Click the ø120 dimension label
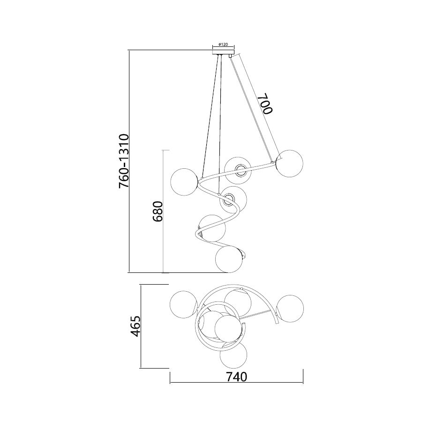point(223,45)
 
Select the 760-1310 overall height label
point(124,161)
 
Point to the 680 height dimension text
point(158,211)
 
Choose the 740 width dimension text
point(236,377)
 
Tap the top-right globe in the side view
point(290,164)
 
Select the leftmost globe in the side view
point(185,182)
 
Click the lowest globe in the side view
point(229,259)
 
